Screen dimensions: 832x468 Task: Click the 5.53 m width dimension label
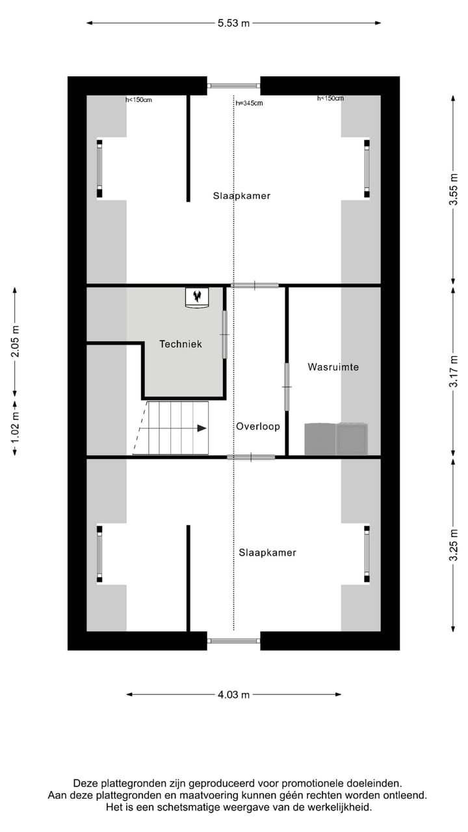(x=233, y=23)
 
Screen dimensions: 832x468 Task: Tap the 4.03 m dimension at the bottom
(x=233, y=695)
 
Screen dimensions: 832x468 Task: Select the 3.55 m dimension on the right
(x=454, y=190)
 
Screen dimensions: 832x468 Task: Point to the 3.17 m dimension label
(x=454, y=371)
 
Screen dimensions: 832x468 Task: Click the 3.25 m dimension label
(x=454, y=544)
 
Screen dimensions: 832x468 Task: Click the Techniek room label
(x=181, y=344)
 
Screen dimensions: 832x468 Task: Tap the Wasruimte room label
(x=333, y=367)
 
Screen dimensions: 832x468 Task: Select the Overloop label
(x=257, y=427)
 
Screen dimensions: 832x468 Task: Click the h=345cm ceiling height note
(x=249, y=103)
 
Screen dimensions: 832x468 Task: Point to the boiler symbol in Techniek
(x=196, y=297)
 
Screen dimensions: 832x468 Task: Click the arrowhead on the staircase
(x=202, y=428)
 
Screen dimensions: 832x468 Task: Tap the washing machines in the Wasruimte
(x=336, y=439)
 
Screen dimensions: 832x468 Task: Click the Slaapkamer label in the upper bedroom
(x=241, y=196)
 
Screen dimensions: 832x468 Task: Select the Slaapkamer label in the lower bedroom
(x=267, y=552)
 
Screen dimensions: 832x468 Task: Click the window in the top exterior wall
(x=233, y=85)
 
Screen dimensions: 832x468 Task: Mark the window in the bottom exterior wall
(x=233, y=641)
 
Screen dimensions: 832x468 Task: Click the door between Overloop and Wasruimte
(x=287, y=387)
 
